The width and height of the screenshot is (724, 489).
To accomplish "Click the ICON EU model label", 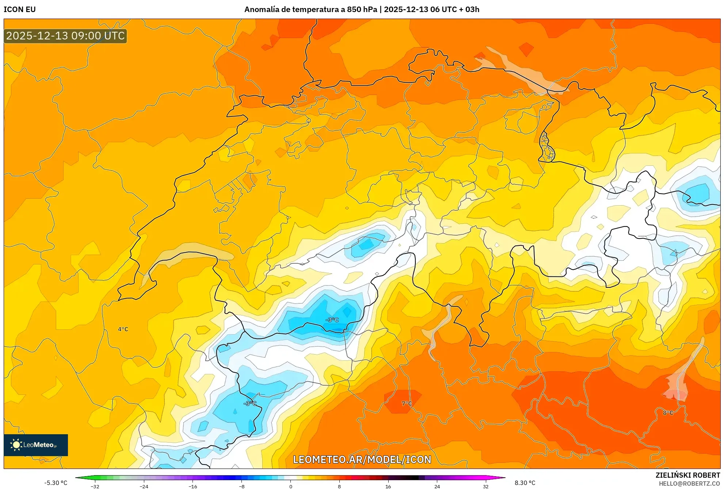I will pyautogui.click(x=20, y=9).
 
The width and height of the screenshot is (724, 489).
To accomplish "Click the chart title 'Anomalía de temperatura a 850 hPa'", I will pyautogui.click(x=310, y=9).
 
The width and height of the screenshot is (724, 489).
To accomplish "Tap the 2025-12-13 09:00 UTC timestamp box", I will pyautogui.click(x=65, y=36).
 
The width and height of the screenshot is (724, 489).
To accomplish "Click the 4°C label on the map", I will pyautogui.click(x=123, y=329).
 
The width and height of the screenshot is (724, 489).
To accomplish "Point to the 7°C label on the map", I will pyautogui.click(x=407, y=404).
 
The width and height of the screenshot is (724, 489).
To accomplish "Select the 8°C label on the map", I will pyautogui.click(x=668, y=413).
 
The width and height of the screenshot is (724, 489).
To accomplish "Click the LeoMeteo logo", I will pyautogui.click(x=36, y=445).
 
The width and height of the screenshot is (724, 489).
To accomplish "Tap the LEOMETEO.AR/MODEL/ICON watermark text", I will pyautogui.click(x=362, y=459).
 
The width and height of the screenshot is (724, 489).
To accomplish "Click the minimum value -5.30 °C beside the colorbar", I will pyautogui.click(x=56, y=483).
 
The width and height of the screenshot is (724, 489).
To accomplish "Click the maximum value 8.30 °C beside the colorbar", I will pyautogui.click(x=525, y=483).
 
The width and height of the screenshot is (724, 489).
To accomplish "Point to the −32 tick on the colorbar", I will pyautogui.click(x=95, y=486).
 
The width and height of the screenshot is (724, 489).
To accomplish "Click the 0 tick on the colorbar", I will pyautogui.click(x=291, y=486).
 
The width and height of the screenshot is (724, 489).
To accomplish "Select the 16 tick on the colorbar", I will pyautogui.click(x=388, y=486).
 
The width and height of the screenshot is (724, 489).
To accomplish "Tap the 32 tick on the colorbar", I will pyautogui.click(x=485, y=486).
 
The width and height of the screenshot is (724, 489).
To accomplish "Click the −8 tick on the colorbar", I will pyautogui.click(x=241, y=486).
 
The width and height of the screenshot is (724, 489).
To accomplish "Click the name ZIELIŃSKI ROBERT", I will pyautogui.click(x=687, y=475).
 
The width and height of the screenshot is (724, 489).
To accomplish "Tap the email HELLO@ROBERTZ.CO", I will pyautogui.click(x=689, y=484).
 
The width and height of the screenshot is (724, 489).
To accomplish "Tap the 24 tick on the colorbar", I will pyautogui.click(x=437, y=486).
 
